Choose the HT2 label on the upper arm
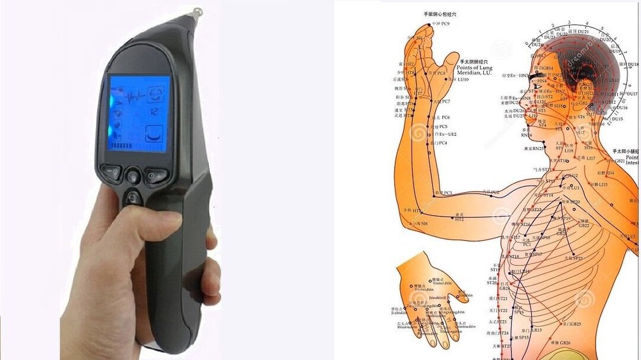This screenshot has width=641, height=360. point(460,219)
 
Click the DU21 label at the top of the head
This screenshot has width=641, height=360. point(583,31)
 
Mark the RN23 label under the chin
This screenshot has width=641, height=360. point(527,135)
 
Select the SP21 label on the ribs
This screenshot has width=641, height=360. point(578,258)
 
